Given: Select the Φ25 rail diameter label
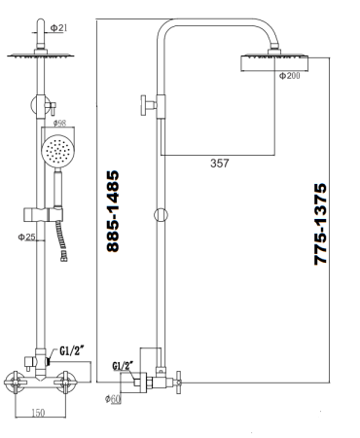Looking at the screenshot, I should tap(26, 237).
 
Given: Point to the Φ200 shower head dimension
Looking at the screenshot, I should tap(290, 76).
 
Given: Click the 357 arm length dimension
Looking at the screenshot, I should tap(220, 164).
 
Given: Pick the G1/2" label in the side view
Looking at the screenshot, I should tap(124, 366).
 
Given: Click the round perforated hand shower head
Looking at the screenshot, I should tap(57, 153).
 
